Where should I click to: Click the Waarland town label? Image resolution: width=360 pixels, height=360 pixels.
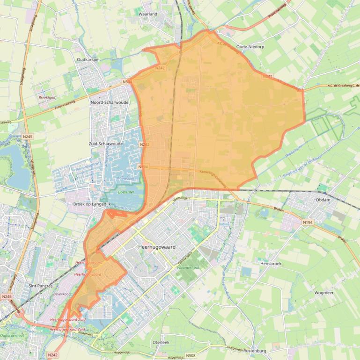[x=148, y=14]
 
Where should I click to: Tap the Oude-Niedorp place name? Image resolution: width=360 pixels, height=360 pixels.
[x=250, y=47]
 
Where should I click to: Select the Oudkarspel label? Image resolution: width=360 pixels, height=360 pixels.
[x=88, y=60]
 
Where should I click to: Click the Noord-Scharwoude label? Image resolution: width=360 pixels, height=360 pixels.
[x=109, y=102]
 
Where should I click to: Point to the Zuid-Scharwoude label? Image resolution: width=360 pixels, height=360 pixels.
[x=105, y=144]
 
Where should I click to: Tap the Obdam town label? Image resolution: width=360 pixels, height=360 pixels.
[x=323, y=200]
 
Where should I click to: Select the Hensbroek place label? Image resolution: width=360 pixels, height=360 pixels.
[x=271, y=264]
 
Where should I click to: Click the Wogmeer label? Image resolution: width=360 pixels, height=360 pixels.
[x=324, y=293]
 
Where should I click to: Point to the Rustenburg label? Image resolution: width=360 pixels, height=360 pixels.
[x=255, y=351]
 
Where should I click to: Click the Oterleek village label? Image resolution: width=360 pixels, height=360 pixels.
[x=161, y=343]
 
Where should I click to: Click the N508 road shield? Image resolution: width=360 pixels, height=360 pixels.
[x=191, y=356]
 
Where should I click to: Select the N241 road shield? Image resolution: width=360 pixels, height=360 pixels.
[x=267, y=76]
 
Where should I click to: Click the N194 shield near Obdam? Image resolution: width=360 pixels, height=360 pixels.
[x=308, y=223]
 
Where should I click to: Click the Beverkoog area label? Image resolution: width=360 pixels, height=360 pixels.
[x=61, y=294]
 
